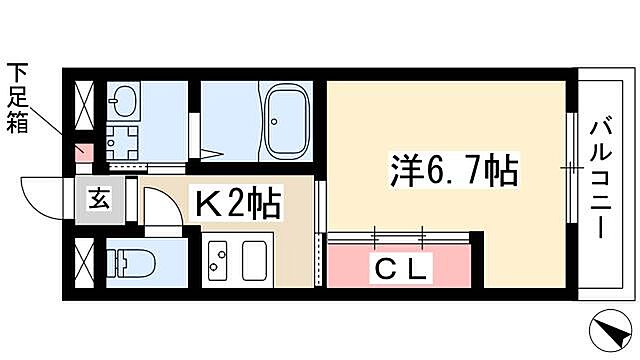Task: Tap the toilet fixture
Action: click(128, 262)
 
